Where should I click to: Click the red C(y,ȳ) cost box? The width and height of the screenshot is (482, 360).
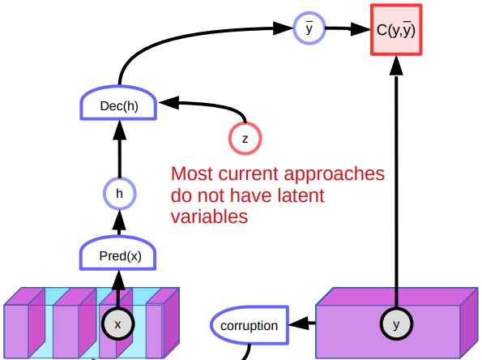(396, 30)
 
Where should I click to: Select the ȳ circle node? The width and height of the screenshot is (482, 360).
(309, 28)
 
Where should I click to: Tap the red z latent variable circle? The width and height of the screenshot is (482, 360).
(245, 138)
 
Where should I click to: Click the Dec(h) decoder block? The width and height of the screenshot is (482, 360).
(118, 102)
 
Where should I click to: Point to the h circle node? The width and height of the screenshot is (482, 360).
(120, 194)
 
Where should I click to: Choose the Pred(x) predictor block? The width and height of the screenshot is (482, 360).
(118, 253)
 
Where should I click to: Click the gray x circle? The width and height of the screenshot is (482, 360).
(117, 324)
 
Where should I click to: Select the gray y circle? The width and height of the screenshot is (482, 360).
(396, 324)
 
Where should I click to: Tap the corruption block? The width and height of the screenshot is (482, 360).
(250, 325)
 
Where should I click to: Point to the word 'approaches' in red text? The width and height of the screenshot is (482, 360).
(334, 175)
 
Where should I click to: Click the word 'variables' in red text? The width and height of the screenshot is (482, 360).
(209, 216)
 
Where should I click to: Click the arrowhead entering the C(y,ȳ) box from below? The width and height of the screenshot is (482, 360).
(396, 66)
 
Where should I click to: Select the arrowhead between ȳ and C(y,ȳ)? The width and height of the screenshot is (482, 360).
(360, 29)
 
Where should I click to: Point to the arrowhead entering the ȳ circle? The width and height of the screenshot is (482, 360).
(283, 28)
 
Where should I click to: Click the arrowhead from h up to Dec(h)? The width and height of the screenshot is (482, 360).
(120, 130)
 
